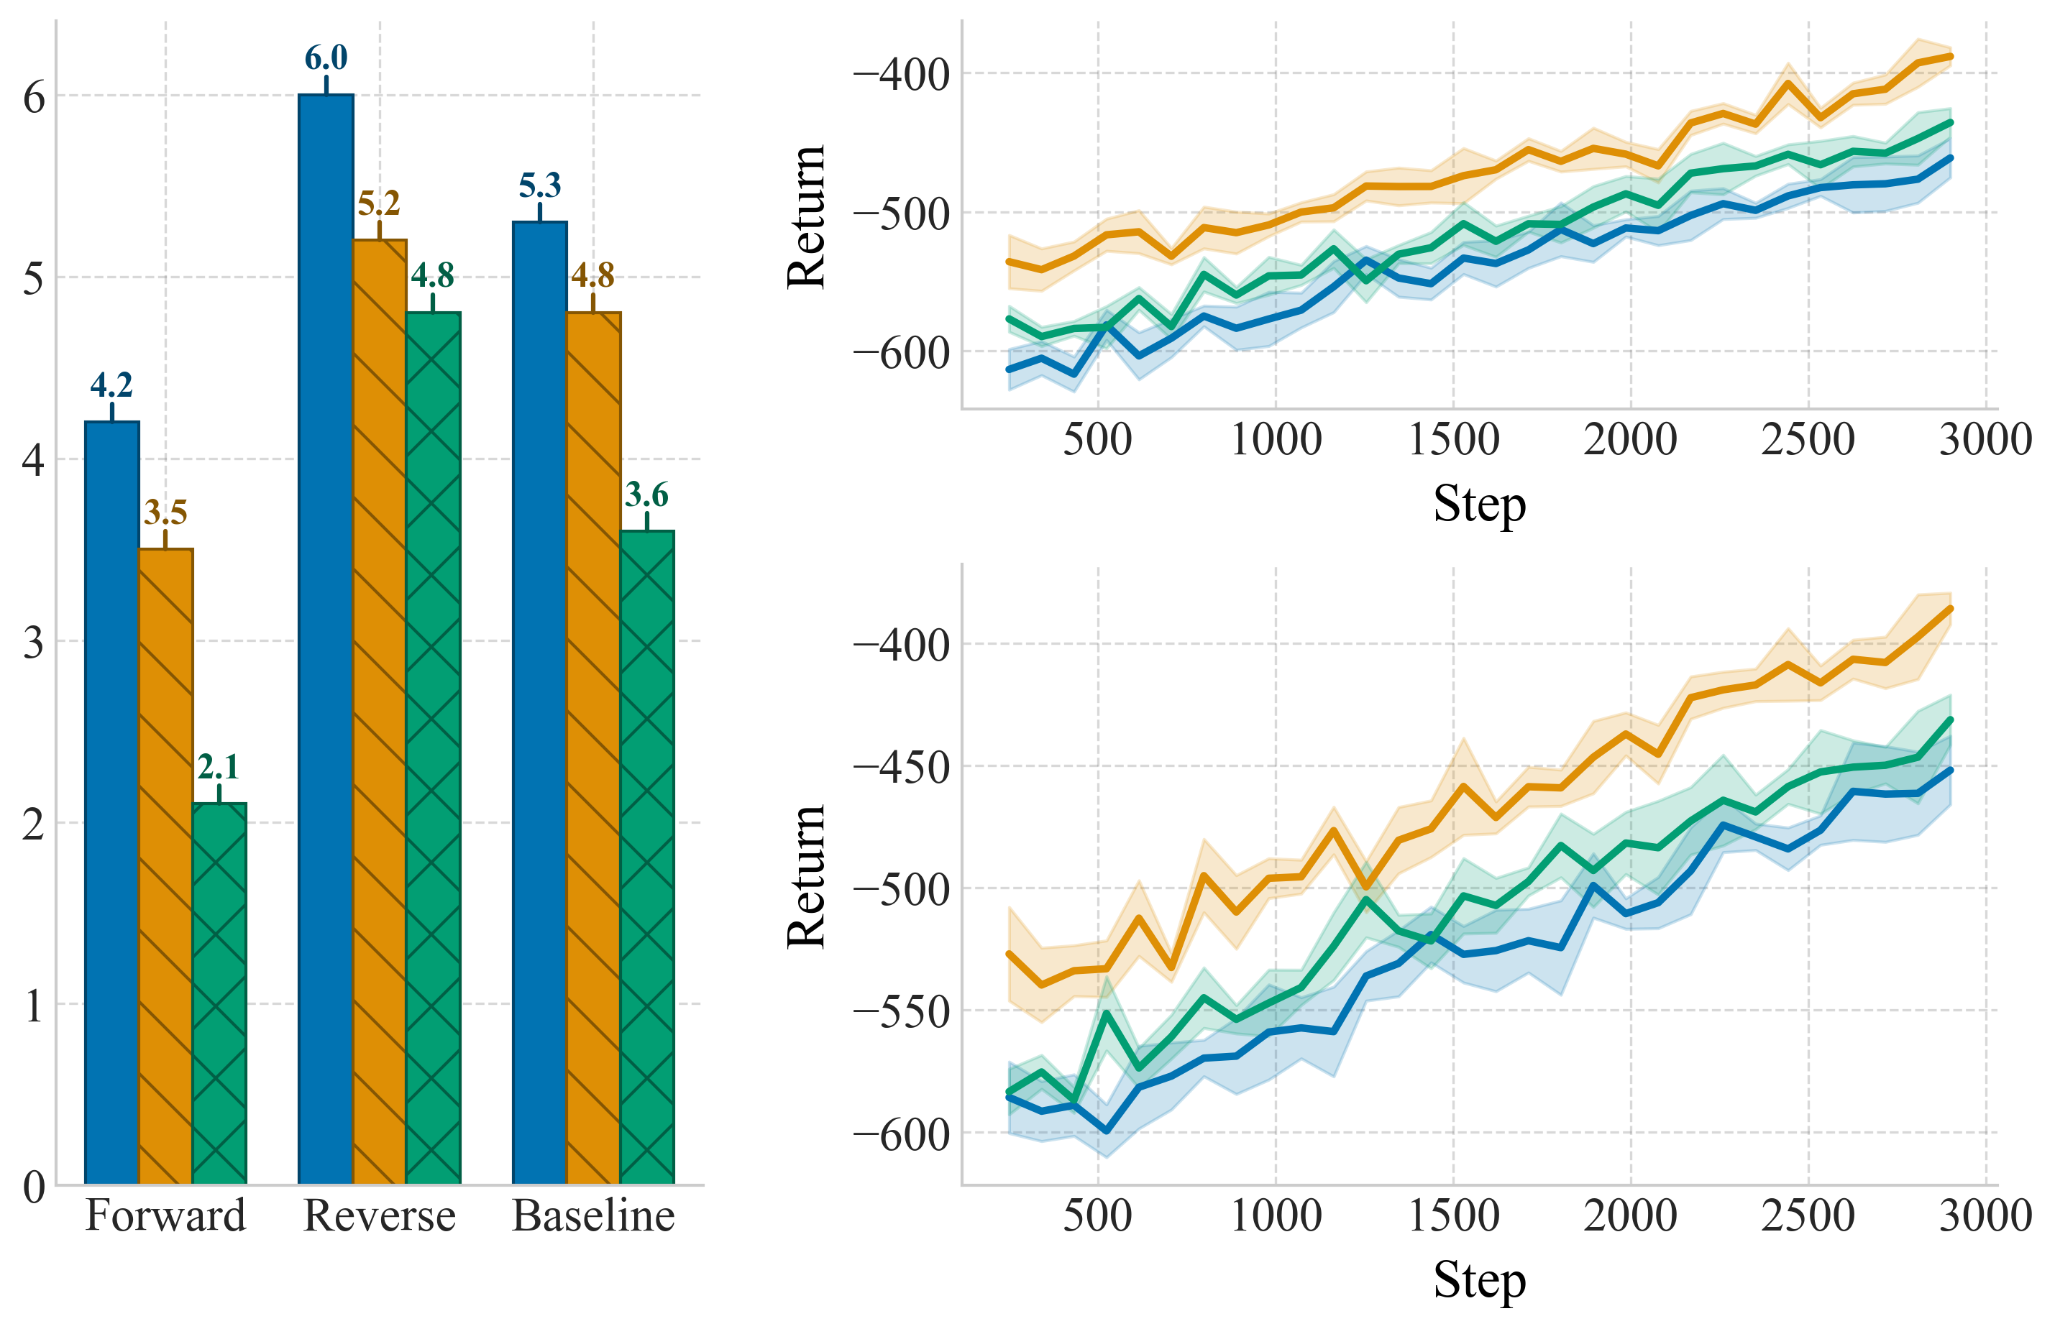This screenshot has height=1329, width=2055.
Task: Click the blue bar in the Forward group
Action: click(x=112, y=803)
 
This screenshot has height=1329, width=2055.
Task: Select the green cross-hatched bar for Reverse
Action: click(x=434, y=748)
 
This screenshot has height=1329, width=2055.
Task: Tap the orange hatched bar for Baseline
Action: click(x=593, y=748)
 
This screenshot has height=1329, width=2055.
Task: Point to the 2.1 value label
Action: click(x=219, y=766)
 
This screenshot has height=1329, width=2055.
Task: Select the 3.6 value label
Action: click(x=646, y=495)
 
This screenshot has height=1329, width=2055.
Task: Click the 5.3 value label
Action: click(x=539, y=185)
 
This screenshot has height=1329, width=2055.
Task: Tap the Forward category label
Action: click(x=165, y=1216)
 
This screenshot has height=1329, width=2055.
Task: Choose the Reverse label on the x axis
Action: click(x=380, y=1216)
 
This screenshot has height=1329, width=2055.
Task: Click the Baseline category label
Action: click(x=593, y=1216)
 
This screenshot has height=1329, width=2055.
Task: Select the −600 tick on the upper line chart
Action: click(x=901, y=353)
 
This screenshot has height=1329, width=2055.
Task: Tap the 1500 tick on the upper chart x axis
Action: click(x=1453, y=439)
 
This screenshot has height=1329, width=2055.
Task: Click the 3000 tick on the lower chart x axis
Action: click(x=1985, y=1216)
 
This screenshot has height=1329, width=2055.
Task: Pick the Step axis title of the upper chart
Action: click(x=1479, y=504)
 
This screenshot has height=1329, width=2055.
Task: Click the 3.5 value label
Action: click(x=165, y=512)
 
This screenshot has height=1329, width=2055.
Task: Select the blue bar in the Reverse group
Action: click(x=326, y=638)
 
